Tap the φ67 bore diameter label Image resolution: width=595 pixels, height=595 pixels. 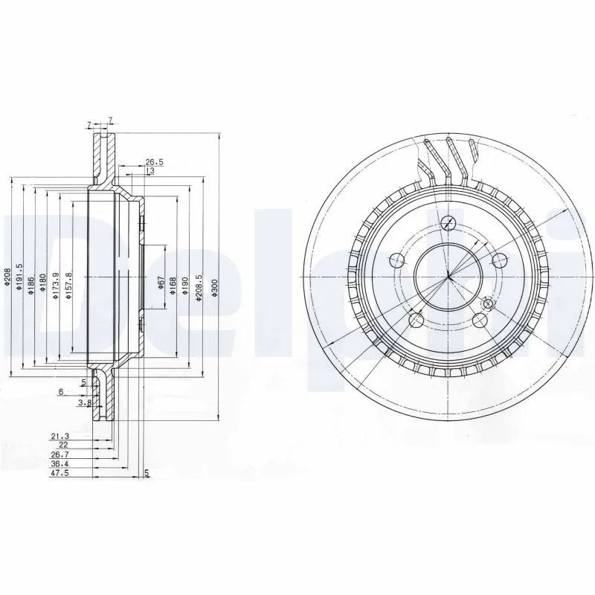159,286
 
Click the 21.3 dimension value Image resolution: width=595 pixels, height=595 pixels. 59,435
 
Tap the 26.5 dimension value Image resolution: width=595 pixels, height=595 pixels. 154,161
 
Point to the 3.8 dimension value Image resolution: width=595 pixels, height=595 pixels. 85,402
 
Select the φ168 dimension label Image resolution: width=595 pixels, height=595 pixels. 172,287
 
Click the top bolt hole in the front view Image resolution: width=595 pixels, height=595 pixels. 448,222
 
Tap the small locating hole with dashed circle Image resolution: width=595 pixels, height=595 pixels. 489,303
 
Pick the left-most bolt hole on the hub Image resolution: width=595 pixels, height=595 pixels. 396,260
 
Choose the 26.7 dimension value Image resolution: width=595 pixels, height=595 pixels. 59,453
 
